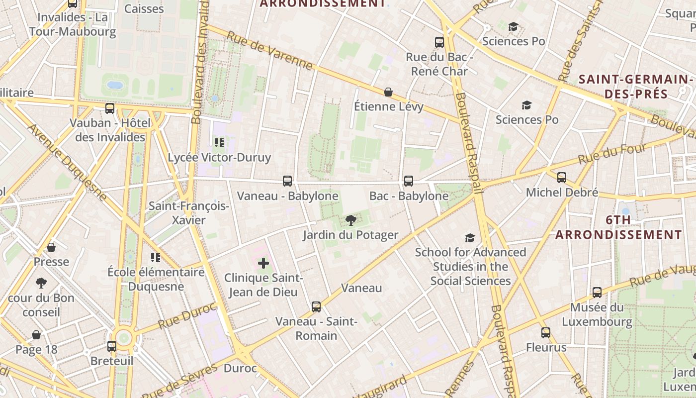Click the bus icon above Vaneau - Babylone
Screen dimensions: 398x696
point(287,181)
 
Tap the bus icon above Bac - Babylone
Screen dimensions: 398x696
point(409,181)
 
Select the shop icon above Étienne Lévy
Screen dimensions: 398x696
point(388,92)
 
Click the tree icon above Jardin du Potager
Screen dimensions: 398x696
point(350,220)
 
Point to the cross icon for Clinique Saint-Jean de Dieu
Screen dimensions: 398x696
point(263,263)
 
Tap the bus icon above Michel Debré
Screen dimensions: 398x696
point(562,178)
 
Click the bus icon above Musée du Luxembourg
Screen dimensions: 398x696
point(597,293)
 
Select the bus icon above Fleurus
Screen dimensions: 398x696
point(546,333)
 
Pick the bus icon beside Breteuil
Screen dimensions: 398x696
point(112,346)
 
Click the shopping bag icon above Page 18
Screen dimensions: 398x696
point(36,335)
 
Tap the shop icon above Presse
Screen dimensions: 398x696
point(51,247)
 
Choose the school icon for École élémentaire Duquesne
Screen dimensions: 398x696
point(156,257)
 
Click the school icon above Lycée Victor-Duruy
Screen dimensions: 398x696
point(219,143)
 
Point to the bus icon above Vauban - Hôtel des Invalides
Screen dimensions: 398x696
point(110,108)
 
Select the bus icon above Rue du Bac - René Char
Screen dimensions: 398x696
point(439,42)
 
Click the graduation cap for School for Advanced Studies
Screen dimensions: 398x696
point(470,238)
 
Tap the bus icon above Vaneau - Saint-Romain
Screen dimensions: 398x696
point(316,306)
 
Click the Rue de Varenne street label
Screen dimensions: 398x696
point(270,51)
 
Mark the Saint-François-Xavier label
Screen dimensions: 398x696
point(188,212)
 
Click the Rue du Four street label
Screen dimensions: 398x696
point(612,154)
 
